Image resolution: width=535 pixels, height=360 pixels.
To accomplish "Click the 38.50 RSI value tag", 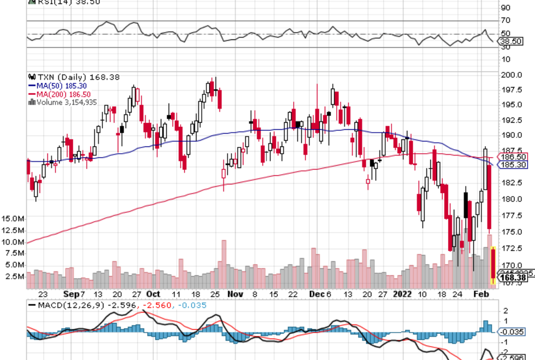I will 511,42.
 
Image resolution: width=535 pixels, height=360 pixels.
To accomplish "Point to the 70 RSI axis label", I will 505,21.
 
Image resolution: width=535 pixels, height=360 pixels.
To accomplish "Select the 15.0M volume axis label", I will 13,219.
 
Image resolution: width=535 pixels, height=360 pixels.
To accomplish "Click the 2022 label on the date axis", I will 403,294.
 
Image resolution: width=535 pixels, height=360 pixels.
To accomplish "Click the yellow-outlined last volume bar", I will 494,266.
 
